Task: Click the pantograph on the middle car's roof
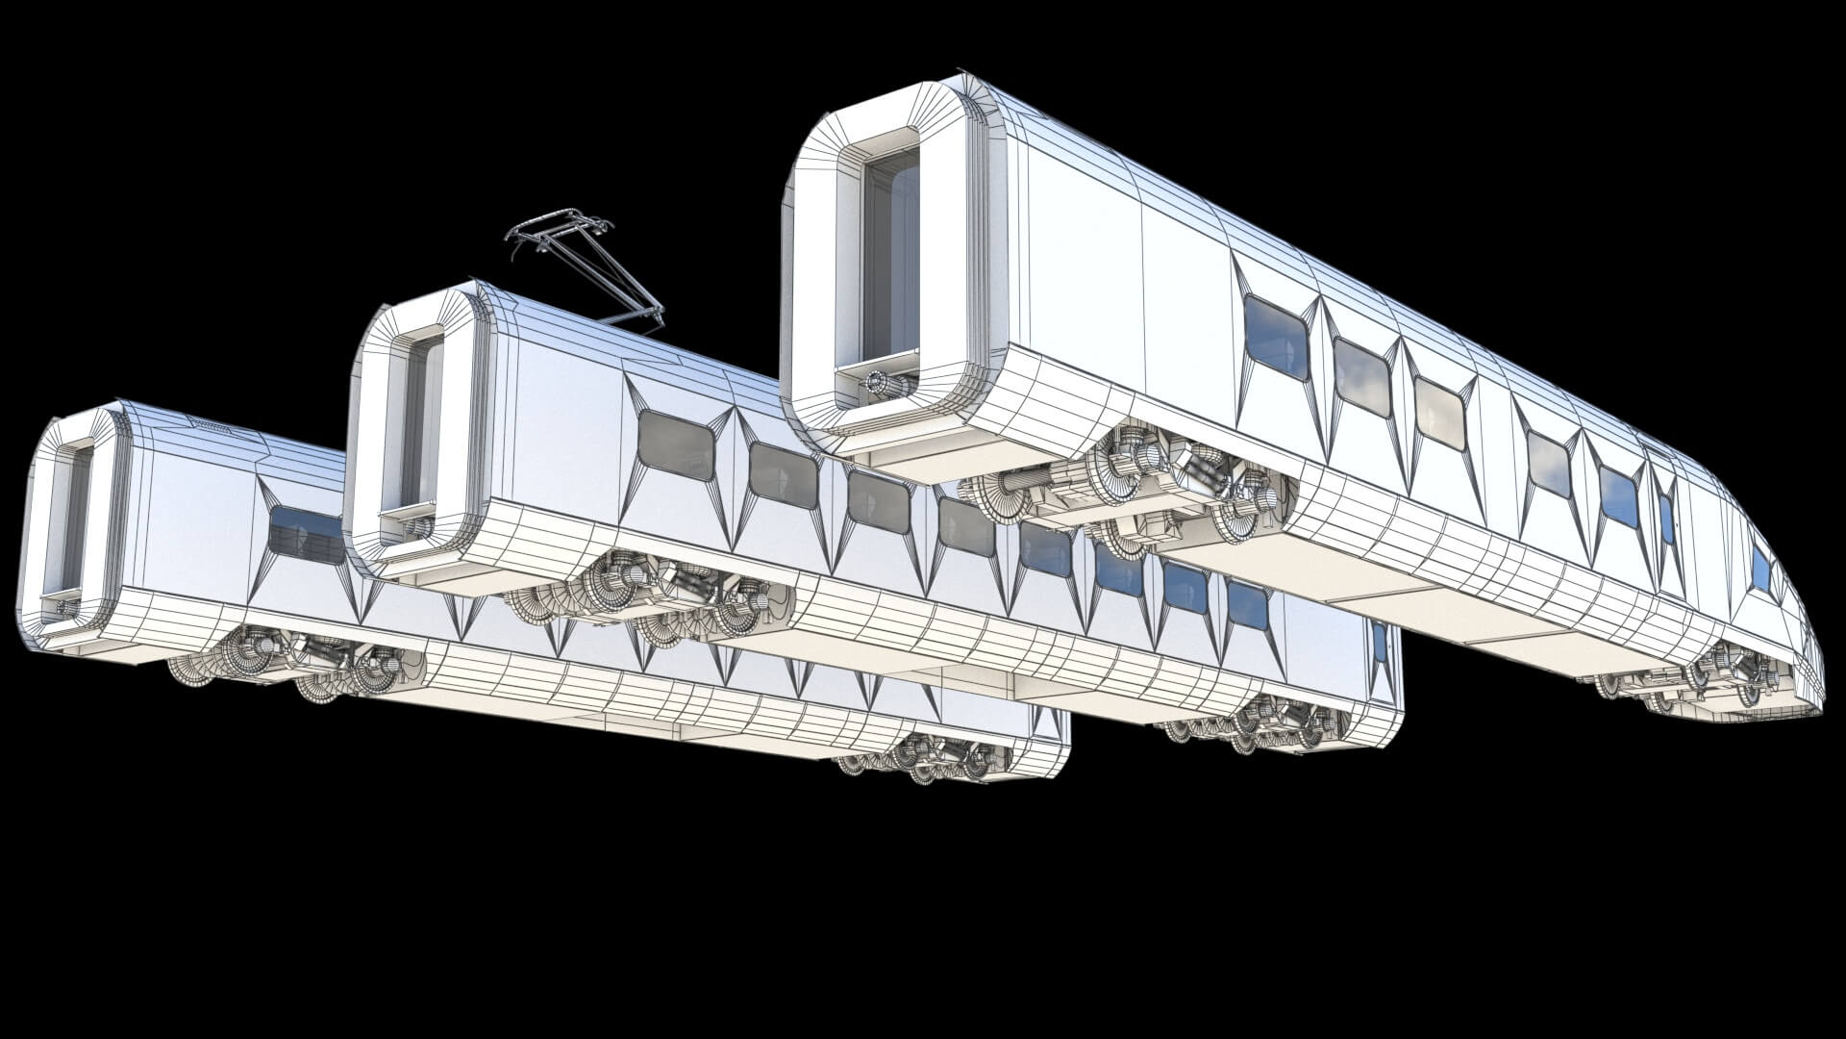(586, 260)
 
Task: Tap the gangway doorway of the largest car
(889, 260)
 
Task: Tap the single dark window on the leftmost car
(306, 534)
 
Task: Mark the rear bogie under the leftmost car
(928, 760)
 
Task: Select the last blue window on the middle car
(1247, 605)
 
